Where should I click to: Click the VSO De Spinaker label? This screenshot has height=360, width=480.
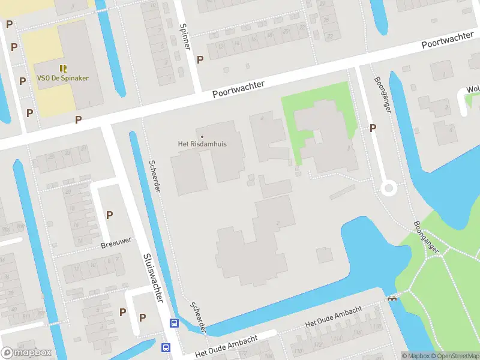tap(63, 79)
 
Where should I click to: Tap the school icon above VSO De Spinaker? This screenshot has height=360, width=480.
tap(63, 68)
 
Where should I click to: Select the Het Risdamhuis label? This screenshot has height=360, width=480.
tap(202, 144)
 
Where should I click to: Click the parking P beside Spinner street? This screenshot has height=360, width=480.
tap(200, 59)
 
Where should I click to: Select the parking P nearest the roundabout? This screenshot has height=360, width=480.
tap(373, 128)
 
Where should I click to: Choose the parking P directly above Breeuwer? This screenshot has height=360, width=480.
tap(109, 215)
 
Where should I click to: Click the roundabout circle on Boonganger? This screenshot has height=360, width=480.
tap(389, 189)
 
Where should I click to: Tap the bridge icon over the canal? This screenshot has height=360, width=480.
tap(393, 297)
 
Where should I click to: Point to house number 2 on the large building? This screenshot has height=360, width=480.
tap(277, 224)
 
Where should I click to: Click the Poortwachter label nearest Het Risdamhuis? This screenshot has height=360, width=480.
tap(238, 90)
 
